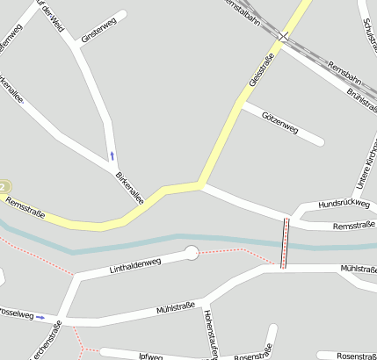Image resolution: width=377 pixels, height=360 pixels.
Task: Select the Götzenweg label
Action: (280, 124)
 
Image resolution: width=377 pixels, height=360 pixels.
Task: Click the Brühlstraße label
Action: (361, 94)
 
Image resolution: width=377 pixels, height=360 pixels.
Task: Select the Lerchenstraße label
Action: (47, 342)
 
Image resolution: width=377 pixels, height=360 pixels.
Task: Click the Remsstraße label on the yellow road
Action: (25, 206)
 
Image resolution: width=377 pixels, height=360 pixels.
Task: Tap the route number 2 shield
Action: (4, 187)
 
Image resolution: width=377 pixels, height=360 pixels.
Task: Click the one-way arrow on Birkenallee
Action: (112, 155)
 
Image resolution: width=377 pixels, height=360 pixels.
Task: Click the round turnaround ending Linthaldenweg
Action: (191, 254)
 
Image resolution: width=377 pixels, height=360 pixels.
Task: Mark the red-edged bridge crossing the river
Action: (284, 242)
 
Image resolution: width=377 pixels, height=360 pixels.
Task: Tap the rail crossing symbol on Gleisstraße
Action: (283, 36)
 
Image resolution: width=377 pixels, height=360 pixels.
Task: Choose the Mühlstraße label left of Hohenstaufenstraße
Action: (175, 308)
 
